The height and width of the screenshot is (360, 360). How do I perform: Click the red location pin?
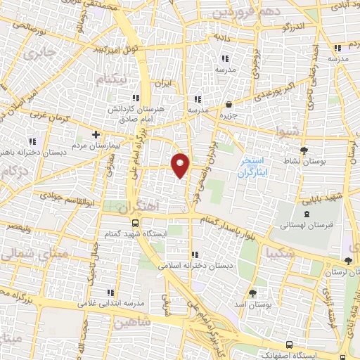click(x=181, y=165)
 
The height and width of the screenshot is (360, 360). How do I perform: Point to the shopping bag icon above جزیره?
click(x=227, y=105)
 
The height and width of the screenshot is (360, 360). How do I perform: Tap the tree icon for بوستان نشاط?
click(x=304, y=150)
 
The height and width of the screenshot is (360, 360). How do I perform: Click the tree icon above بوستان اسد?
click(x=252, y=292)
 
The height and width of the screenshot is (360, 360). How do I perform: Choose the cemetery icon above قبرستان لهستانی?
click(x=305, y=214)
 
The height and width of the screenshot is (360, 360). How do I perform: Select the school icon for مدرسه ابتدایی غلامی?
click(x=110, y=292)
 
